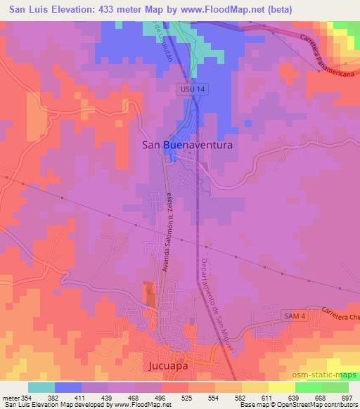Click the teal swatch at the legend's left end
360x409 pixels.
pyautogui.click(x=41, y=387)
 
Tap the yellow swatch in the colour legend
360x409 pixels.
pyautogui.click(x=282, y=387)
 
